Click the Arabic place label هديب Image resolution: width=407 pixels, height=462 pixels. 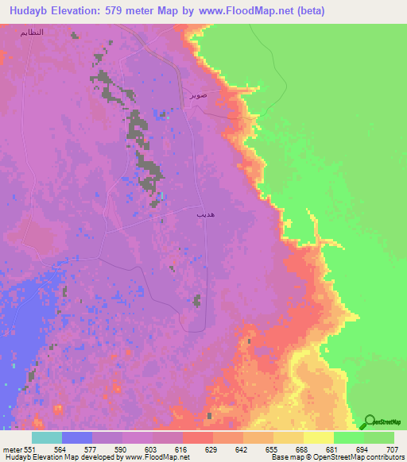[x=203, y=214]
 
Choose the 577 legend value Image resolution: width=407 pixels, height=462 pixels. [x=91, y=449]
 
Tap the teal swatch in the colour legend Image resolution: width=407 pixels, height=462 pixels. [x=46, y=437]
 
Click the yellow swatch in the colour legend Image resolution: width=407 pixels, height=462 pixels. [x=318, y=437]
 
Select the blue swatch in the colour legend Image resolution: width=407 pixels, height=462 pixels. [x=76, y=437]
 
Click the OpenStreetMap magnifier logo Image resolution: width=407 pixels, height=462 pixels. [x=370, y=422]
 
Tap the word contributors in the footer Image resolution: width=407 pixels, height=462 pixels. [x=385, y=457]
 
